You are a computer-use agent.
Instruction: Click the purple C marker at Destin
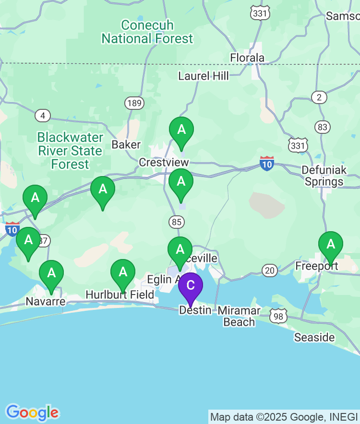191,286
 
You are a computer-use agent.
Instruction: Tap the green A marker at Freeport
331,245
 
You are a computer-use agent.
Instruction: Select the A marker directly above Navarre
51,273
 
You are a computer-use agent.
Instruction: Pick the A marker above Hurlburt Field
123,272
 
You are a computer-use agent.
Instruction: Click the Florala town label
247,58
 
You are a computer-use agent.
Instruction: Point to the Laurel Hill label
204,76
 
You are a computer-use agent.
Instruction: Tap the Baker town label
126,144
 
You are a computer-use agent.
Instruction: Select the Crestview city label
164,163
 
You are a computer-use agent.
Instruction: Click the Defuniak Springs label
324,176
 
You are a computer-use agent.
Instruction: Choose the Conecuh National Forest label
147,32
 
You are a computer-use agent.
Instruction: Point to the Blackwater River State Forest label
70,151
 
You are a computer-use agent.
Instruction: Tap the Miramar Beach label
239,316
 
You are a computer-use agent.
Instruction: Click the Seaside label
314,337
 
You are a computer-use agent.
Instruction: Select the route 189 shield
134,103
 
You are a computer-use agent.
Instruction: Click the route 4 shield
43,116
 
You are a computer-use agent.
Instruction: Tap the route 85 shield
177,222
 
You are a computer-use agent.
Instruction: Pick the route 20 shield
270,271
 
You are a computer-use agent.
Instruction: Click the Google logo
32,412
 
